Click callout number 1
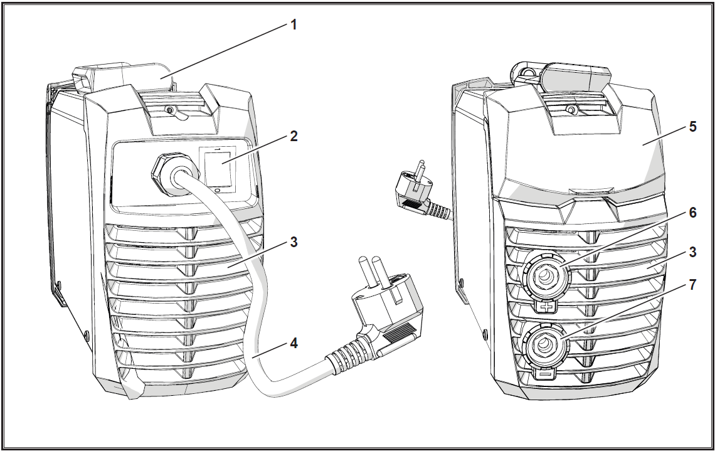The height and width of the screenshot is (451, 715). pos(294,24)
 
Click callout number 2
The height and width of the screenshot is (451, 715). pos(294,136)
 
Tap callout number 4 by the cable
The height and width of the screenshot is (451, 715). pos(294,343)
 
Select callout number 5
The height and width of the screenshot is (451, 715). pos(692,126)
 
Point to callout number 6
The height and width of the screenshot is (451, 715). pos(692,213)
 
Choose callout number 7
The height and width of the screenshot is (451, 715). pos(692,285)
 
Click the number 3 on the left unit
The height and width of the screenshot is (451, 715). pos(294,242)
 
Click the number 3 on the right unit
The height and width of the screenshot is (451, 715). pos(692,252)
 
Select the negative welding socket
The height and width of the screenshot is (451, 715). pos(545,344)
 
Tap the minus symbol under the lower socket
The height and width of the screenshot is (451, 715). pos(545,374)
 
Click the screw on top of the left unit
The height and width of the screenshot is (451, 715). pos(169,110)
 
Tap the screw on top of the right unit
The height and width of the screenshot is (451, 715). pos(569,109)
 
